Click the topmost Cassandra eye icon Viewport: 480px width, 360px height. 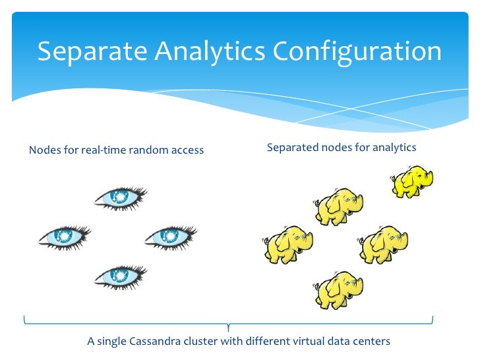(120, 196)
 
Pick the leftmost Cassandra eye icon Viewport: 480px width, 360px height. (65, 237)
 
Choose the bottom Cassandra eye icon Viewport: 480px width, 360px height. (120, 276)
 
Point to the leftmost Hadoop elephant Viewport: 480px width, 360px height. (287, 245)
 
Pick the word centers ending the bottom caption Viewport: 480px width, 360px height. (371, 342)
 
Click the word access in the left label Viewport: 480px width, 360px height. (187, 150)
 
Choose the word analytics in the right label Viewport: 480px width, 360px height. (394, 148)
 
